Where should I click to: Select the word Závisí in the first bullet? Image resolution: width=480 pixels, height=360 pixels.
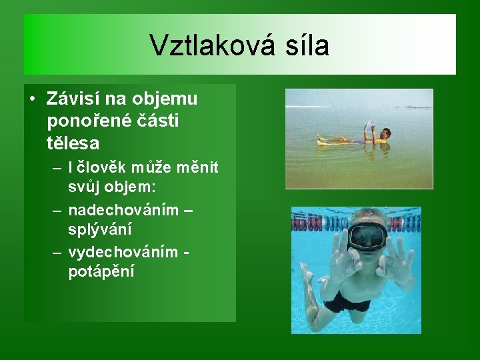(73, 99)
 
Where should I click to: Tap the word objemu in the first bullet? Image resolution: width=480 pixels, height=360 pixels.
(167, 99)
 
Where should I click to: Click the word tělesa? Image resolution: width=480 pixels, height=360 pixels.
(73, 143)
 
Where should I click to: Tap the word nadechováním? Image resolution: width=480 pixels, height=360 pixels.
(123, 210)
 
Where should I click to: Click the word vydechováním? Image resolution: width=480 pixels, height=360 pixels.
(124, 252)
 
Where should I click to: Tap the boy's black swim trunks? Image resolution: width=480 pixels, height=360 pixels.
(347, 301)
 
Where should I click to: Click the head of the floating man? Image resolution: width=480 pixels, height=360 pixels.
(385, 133)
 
